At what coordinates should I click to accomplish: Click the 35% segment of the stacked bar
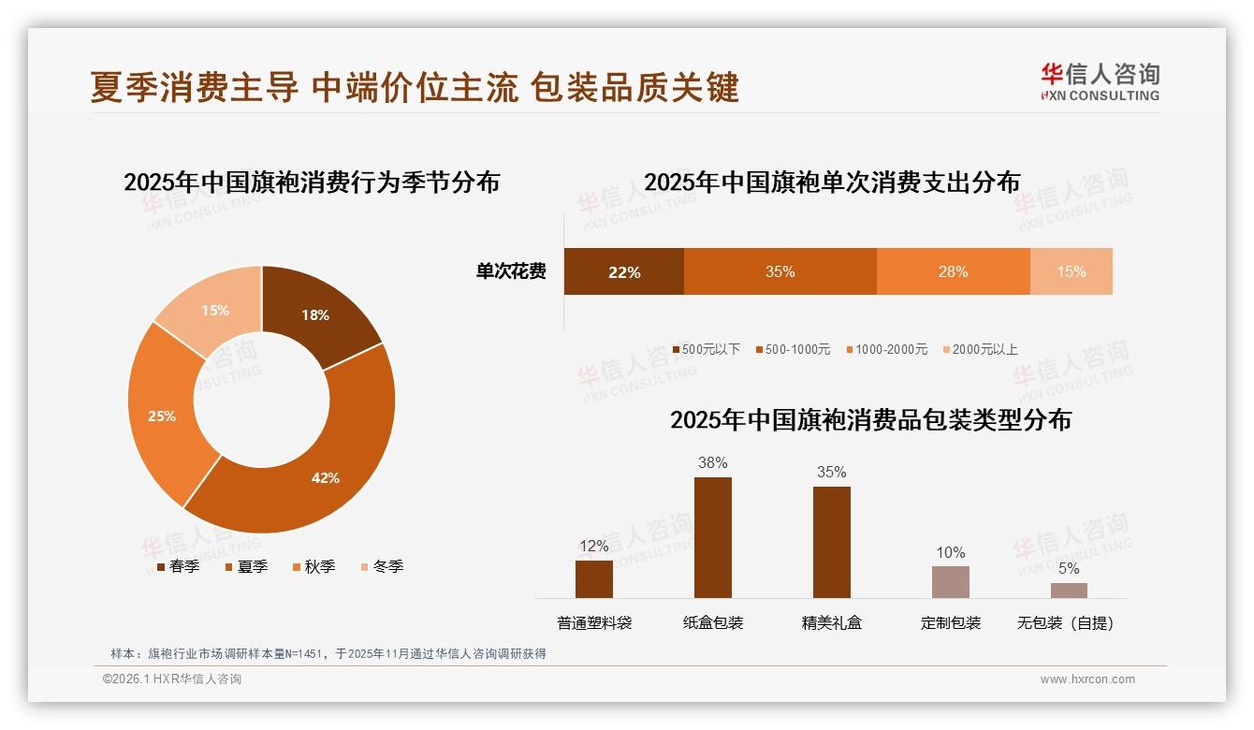pos(780,271)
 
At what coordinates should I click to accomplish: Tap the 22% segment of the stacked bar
pos(624,271)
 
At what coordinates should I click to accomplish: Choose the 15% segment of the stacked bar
pos(1071,271)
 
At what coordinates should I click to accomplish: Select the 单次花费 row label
pos(511,271)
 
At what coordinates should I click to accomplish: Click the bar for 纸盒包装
pos(713,538)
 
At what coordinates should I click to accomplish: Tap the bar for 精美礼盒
pos(831,543)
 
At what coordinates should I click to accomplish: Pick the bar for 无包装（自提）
pos(1069,591)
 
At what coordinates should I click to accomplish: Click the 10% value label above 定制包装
pos(950,552)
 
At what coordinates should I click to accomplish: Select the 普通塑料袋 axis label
pos(594,622)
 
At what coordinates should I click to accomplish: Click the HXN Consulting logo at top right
pos(1101,81)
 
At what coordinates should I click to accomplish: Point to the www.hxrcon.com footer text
pos(1087,679)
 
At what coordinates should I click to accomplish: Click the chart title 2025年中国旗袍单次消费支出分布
pos(831,182)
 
